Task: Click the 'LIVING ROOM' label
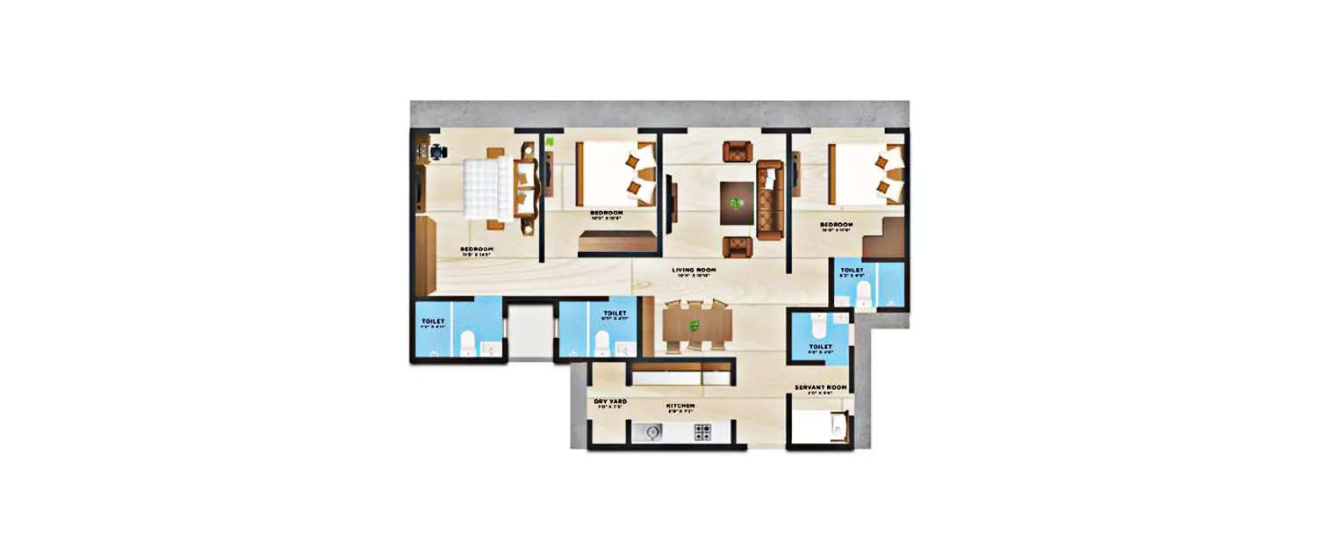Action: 694,270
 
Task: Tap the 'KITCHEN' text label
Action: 680,406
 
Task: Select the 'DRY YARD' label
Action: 610,401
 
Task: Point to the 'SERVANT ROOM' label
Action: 820,387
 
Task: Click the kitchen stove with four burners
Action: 703,431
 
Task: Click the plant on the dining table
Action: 695,326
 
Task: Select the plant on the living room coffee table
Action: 736,203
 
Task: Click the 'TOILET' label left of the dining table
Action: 614,313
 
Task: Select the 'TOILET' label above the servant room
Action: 820,347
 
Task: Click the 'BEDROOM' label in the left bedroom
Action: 477,249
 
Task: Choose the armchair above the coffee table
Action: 737,151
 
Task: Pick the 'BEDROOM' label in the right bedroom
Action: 836,225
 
